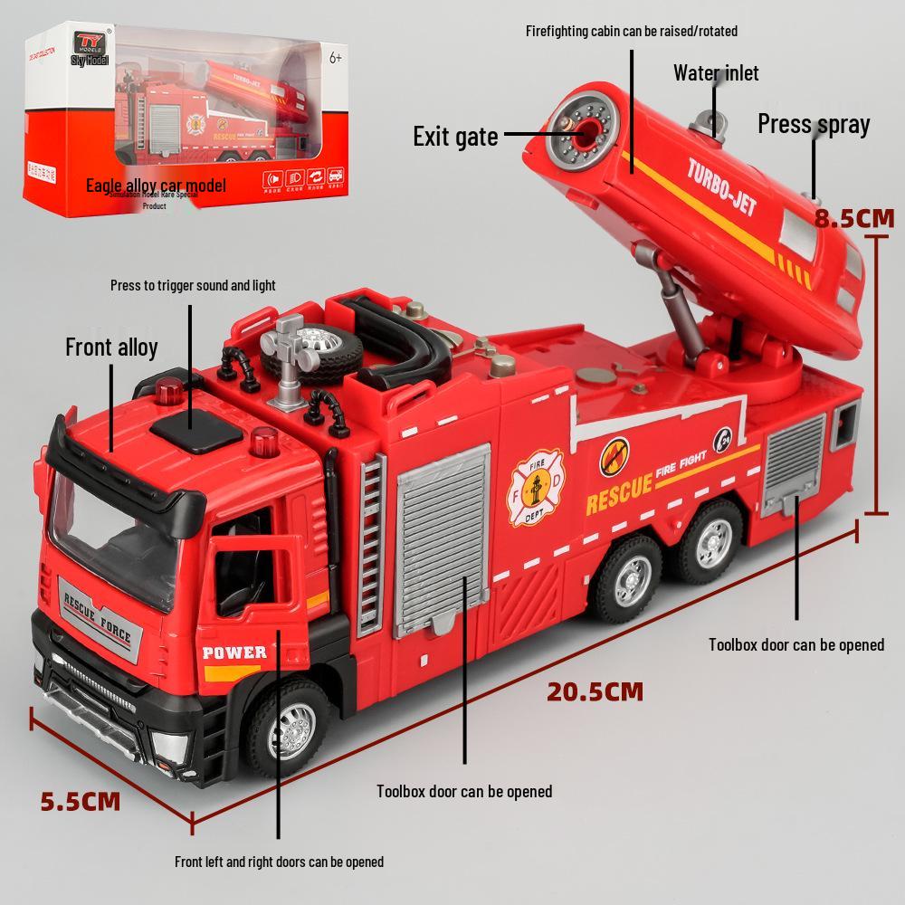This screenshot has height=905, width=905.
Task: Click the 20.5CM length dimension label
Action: [595, 692]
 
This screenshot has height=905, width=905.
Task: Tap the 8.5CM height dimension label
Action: [853, 218]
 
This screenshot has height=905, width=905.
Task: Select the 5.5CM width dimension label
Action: [81, 801]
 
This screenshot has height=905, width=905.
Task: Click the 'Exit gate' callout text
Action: [455, 137]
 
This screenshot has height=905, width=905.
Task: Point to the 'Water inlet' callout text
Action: [716, 73]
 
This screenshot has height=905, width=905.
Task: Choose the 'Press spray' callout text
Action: [813, 124]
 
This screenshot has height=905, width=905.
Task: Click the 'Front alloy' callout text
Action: [111, 347]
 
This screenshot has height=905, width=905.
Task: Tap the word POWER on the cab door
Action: [234, 652]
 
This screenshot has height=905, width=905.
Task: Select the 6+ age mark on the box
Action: [334, 58]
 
